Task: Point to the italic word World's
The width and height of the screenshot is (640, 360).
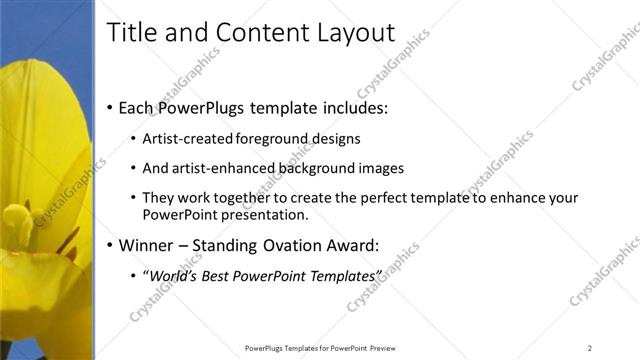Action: pyautogui.click(x=174, y=275)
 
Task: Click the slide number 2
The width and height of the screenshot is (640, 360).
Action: pyautogui.click(x=590, y=348)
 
